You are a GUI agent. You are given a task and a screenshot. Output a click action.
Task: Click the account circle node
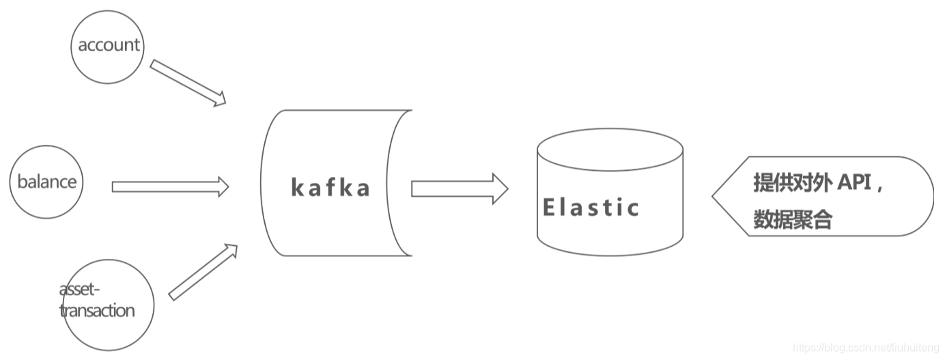108,46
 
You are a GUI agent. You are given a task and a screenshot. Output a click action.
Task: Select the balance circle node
46,182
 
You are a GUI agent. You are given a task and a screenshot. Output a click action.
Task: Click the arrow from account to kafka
187,83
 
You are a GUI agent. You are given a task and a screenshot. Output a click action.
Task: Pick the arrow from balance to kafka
169,186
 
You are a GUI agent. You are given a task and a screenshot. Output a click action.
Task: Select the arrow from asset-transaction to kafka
202,272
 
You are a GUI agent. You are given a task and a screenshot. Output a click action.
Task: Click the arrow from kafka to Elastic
459,189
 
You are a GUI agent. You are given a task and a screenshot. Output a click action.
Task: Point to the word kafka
330,187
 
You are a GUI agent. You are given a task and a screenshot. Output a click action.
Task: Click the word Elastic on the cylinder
591,207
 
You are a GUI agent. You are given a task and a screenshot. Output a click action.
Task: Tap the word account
109,45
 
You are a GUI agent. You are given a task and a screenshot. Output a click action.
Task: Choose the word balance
47,182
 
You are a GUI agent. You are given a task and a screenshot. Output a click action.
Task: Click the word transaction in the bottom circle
98,311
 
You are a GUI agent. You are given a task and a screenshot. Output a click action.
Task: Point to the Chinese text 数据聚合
793,219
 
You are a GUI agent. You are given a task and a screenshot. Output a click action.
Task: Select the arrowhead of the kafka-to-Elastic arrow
500,189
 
